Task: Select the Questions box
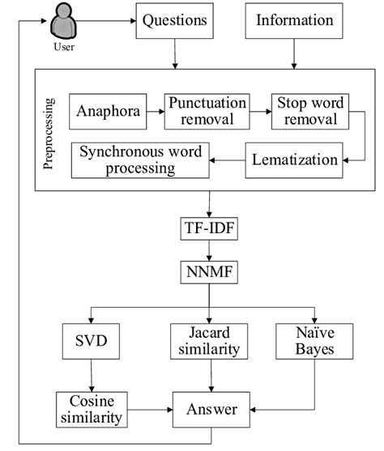click(174, 22)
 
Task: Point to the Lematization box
click(293, 160)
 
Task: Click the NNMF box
click(208, 273)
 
